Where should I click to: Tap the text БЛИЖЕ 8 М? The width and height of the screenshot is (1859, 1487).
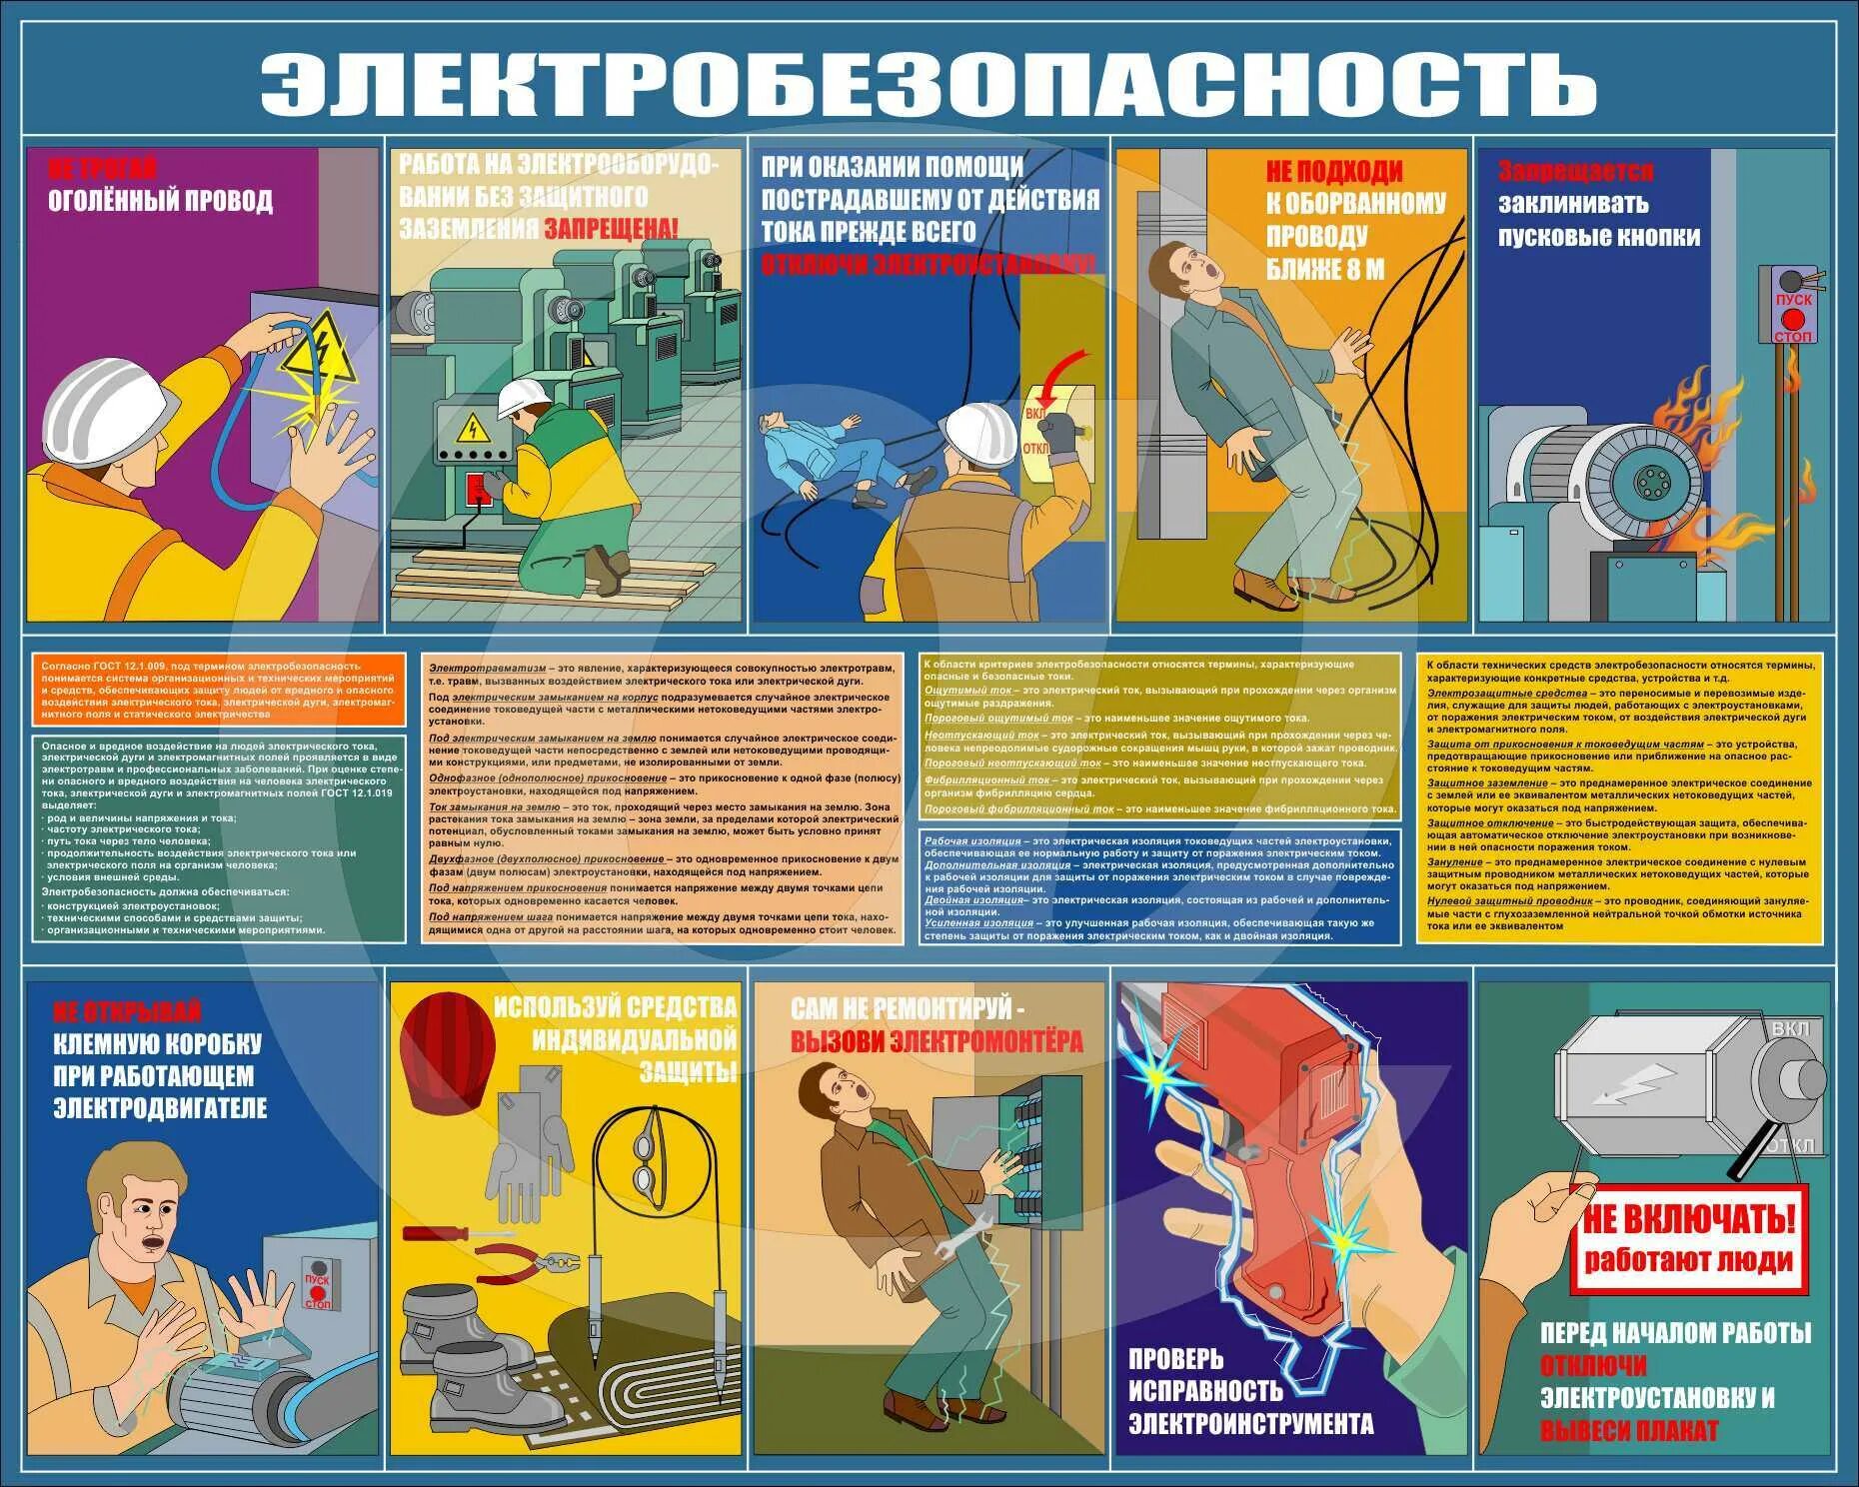click(x=1325, y=269)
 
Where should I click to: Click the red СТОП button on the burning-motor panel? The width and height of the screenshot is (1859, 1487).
click(x=1793, y=319)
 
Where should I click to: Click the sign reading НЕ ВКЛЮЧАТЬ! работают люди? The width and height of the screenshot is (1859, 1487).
click(x=1688, y=1239)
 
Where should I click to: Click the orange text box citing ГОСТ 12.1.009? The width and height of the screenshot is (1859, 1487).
click(x=220, y=690)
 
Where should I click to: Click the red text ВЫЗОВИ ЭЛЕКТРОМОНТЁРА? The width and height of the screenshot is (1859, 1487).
click(x=936, y=1041)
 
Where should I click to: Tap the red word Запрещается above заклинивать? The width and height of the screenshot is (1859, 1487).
click(x=1575, y=172)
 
